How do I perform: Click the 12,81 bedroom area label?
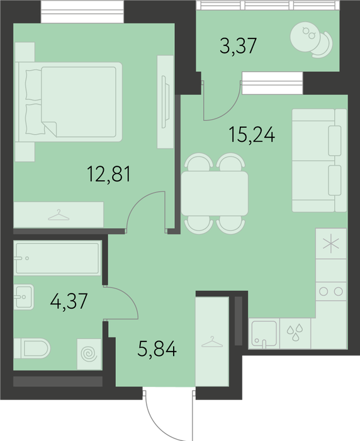[x=109, y=174]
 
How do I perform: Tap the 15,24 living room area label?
[x=252, y=135]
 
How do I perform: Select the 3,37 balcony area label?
[x=239, y=46]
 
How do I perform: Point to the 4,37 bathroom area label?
[x=69, y=301]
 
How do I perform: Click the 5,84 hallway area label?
[x=157, y=348]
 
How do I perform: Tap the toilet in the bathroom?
[x=31, y=348]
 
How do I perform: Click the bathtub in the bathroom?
[x=57, y=258]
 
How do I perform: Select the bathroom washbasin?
[x=24, y=297]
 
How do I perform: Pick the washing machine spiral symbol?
[x=89, y=354]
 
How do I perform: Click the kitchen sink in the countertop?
[x=264, y=333]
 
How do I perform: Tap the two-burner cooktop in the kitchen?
[x=331, y=291]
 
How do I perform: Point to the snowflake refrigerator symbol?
[x=331, y=244]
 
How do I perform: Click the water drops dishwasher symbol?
[x=295, y=332]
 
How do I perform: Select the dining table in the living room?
[x=215, y=193]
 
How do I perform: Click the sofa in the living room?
[x=319, y=160]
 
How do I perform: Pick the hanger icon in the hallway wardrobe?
[x=212, y=341]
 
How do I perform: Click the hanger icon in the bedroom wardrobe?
[x=59, y=215]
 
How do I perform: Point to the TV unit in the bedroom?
[x=166, y=102]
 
